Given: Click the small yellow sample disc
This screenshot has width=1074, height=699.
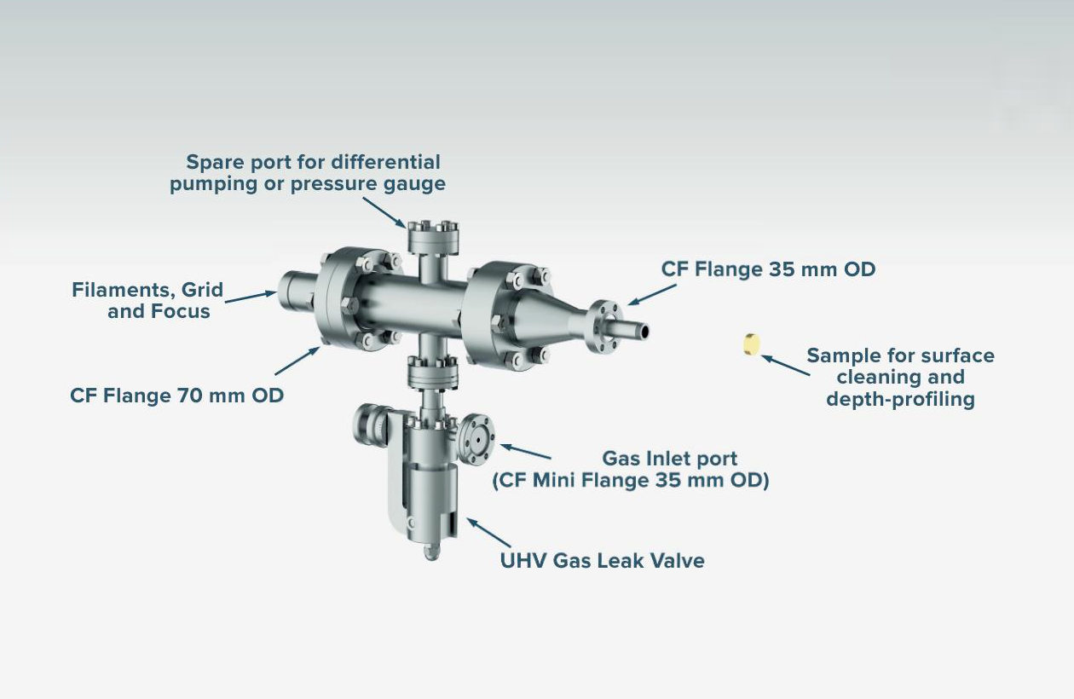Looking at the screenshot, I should pyautogui.click(x=751, y=344).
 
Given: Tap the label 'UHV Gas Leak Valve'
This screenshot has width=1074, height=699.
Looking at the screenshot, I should pyautogui.click(x=602, y=560).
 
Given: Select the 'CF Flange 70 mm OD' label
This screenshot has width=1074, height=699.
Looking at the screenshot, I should pyautogui.click(x=177, y=396).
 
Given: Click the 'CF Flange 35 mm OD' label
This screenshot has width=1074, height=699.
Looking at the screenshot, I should pyautogui.click(x=768, y=269).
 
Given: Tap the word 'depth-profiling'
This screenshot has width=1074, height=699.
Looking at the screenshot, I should pyautogui.click(x=900, y=398).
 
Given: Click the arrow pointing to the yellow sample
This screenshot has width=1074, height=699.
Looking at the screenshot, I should pyautogui.click(x=785, y=366).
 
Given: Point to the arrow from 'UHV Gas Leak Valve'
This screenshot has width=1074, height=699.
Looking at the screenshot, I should pyautogui.click(x=488, y=533).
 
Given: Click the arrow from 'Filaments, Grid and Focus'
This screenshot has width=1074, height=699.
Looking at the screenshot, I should pyautogui.click(x=251, y=296).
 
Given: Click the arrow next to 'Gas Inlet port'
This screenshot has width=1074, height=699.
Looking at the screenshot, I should pyautogui.click(x=525, y=451).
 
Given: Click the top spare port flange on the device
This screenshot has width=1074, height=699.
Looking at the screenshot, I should pyautogui.click(x=432, y=228).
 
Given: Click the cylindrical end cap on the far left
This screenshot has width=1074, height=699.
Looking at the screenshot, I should pyautogui.click(x=294, y=292).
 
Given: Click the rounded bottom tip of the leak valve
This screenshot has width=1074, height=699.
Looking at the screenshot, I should pyautogui.click(x=429, y=552).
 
